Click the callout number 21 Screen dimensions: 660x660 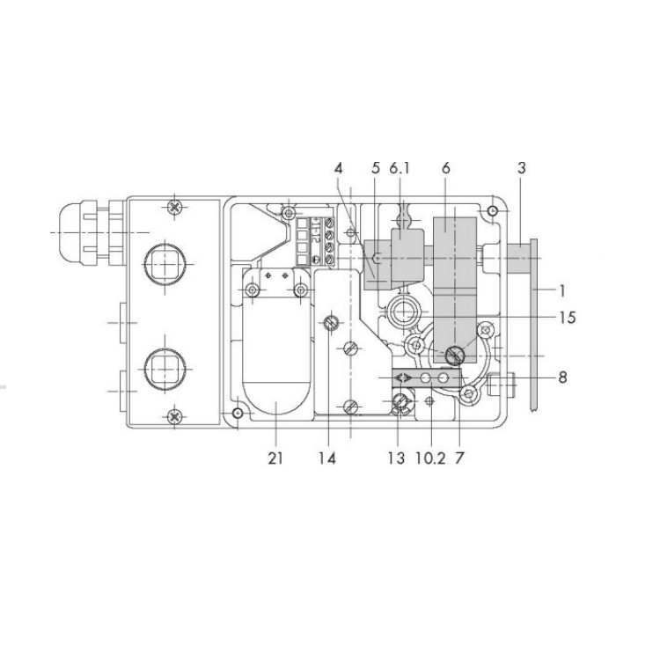click(275, 458)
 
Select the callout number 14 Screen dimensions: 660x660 click(327, 458)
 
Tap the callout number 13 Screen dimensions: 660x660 click(396, 458)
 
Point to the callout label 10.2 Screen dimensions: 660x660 click(430, 458)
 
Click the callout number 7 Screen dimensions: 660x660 click(459, 458)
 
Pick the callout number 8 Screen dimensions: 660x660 click(562, 378)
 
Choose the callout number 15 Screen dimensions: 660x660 click(567, 318)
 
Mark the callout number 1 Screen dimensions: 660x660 click(562, 290)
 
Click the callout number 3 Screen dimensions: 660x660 click(522, 168)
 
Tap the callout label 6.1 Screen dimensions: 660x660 click(400, 168)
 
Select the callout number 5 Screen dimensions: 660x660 click(376, 168)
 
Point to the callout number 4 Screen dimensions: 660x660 click(339, 168)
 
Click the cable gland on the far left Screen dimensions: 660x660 click(91, 233)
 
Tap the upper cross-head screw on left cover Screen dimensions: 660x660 click(175, 207)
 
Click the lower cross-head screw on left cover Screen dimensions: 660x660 click(174, 417)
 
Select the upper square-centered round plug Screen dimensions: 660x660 click(165, 264)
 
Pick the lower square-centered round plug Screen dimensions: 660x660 click(165, 369)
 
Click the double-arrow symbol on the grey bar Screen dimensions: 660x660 click(403, 378)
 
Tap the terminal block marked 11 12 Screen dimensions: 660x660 click(316, 241)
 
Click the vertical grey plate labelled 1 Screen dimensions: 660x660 click(534, 324)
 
